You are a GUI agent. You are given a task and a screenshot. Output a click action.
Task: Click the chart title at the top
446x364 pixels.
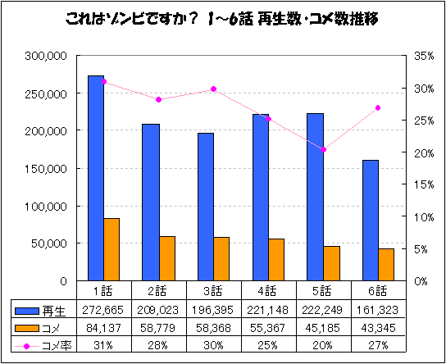[222, 17]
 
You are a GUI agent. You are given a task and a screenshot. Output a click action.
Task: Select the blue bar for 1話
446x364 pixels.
[96, 179]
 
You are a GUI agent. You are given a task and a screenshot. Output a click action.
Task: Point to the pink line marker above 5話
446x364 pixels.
[323, 150]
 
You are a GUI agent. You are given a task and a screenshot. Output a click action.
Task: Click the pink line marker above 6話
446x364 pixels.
[378, 108]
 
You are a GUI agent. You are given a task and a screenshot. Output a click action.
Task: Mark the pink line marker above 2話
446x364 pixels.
[158, 100]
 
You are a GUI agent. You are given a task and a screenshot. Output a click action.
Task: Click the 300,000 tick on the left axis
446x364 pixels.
[46, 56]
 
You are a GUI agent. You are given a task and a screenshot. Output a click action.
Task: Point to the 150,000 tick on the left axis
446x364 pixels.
[46, 169]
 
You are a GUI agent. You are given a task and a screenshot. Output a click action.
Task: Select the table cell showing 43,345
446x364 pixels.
[378, 328]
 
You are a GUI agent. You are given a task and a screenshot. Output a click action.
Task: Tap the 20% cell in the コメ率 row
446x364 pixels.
[323, 345]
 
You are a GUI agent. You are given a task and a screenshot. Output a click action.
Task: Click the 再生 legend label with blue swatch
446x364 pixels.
[51, 311]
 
